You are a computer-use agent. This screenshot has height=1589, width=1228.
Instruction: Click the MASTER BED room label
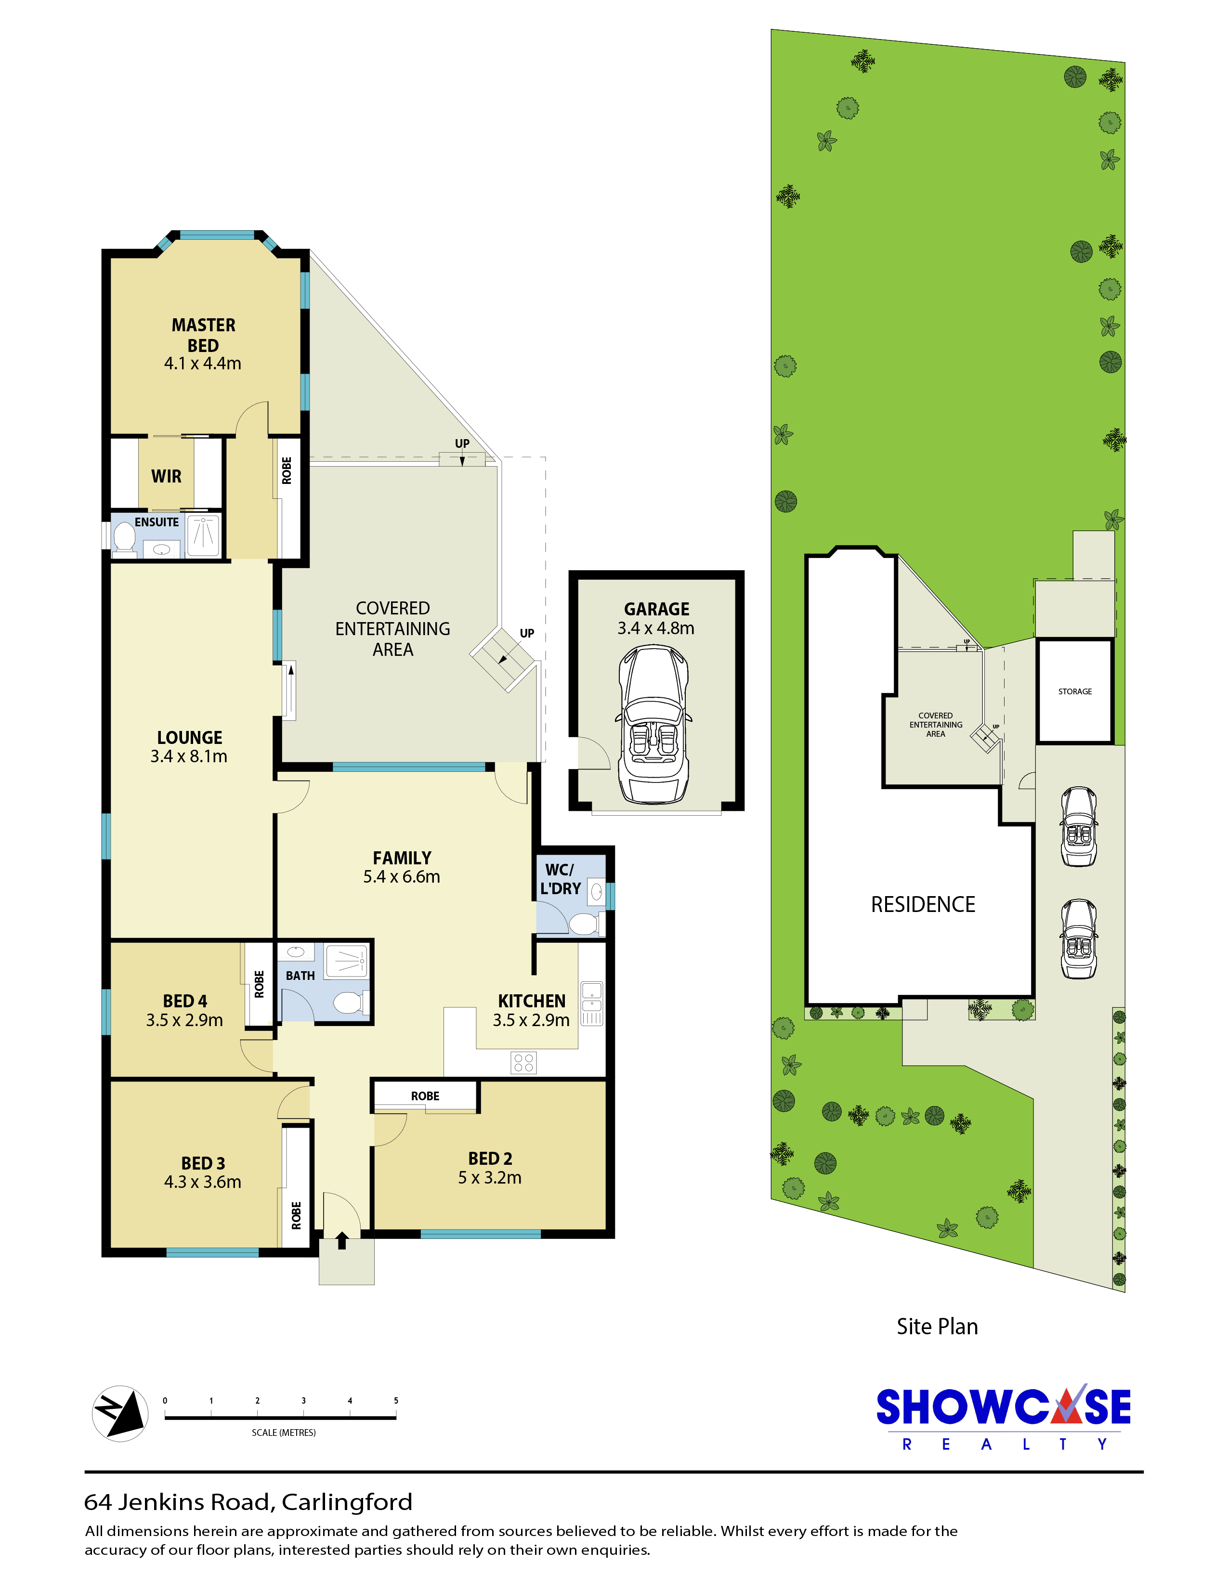point(203,336)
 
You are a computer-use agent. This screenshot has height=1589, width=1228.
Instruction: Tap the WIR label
point(167,477)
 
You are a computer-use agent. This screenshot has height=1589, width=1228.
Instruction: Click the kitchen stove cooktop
point(524,1063)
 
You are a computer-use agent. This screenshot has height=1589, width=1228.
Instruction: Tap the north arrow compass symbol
point(120,1414)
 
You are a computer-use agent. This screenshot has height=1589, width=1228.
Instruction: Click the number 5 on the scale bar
point(396,1401)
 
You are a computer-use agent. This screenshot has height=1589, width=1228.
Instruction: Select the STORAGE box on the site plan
point(1074,691)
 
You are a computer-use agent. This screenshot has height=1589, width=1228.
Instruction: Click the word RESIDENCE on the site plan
point(923,904)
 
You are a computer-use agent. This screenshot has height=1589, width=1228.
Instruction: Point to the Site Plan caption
point(937,1327)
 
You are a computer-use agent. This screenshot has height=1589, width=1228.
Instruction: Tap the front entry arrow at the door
point(342,1240)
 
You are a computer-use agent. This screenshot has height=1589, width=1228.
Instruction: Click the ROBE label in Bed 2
point(425,1096)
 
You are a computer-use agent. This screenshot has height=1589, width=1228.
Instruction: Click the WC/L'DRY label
point(560,879)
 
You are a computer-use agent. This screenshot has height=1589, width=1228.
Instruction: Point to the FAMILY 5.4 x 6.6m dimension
point(402,877)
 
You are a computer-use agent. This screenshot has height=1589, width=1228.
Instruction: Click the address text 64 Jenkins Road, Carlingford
point(248,1502)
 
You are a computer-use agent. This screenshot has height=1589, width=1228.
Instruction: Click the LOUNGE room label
point(189,738)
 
